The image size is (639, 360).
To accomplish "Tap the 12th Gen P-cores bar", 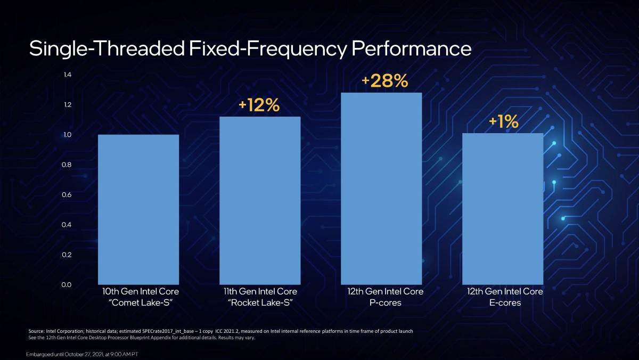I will click(381, 189).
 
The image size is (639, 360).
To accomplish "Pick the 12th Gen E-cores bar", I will click(503, 209).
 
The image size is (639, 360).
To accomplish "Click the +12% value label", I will click(259, 105).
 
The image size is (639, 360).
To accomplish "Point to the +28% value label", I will click(384, 81).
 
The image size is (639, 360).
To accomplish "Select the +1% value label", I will click(503, 122).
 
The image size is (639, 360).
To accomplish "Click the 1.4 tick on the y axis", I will click(67, 75).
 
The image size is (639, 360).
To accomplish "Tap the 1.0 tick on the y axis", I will click(67, 135).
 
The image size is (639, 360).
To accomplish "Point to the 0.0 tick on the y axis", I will click(67, 285).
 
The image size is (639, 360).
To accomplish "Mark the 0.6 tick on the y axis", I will click(67, 195).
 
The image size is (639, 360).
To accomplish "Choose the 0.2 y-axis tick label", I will click(67, 255).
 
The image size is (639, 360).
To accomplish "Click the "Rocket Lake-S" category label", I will click(260, 303).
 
